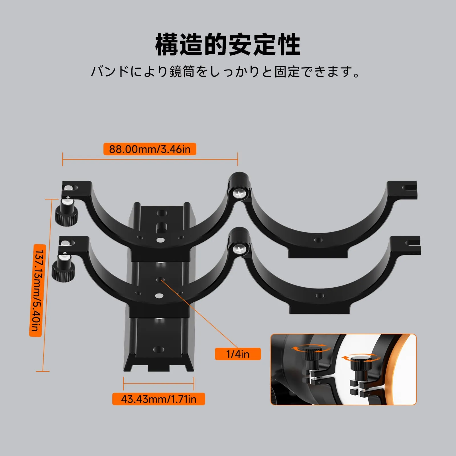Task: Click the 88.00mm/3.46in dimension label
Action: tap(150, 149)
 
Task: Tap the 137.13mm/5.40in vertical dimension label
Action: tap(36, 290)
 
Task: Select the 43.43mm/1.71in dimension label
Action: tap(159, 399)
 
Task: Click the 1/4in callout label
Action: tap(238, 354)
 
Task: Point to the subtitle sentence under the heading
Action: tap(225, 72)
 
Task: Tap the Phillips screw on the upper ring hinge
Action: tap(239, 194)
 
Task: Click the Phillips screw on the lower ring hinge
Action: tap(239, 250)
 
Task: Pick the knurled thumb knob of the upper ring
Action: tap(66, 216)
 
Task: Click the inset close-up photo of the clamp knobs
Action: tap(343, 369)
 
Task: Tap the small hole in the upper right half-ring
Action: tap(318, 240)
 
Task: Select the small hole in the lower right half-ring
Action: tap(320, 296)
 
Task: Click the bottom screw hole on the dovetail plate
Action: tap(158, 349)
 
